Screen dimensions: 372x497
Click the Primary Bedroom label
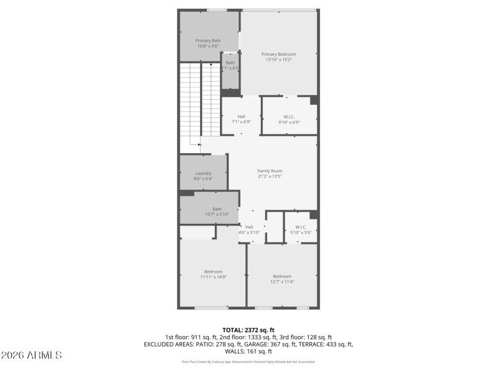click(278, 54)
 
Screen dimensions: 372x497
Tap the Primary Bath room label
click(208, 40)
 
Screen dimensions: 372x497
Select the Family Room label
click(270, 170)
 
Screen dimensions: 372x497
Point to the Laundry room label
click(203, 173)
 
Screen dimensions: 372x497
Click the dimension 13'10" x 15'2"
click(278, 60)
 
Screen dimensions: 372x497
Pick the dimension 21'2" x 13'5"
click(270, 176)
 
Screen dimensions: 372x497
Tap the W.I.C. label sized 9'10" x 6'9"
click(289, 117)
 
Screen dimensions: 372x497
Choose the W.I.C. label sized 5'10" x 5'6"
click(301, 226)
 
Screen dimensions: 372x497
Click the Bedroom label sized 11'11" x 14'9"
click(213, 271)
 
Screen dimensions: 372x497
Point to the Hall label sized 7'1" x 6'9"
click(241, 117)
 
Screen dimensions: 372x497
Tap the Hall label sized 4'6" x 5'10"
click(249, 226)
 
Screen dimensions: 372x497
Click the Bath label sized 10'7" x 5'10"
click(217, 209)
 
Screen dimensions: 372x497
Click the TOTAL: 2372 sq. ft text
click(248, 329)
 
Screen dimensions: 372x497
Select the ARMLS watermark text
click(32, 355)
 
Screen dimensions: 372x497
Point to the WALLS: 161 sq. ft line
click(248, 351)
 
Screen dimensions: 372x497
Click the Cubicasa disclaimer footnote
click(248, 361)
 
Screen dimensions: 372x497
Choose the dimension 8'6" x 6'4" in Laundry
click(203, 179)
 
